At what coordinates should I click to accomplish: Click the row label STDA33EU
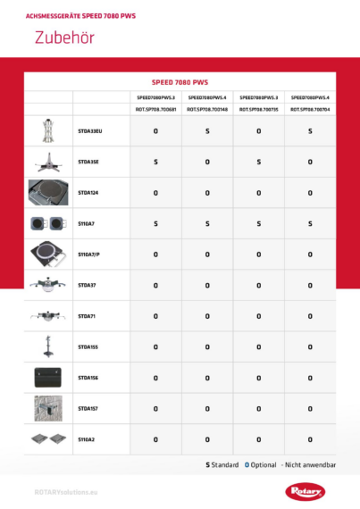click(90, 131)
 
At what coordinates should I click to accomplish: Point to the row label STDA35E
click(88, 162)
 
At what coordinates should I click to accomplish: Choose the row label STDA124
click(88, 192)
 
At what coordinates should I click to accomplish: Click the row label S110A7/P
click(89, 254)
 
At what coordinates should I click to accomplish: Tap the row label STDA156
click(88, 378)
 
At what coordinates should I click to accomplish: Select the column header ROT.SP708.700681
click(155, 109)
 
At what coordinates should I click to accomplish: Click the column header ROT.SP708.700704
click(310, 109)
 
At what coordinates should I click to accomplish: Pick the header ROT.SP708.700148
click(207, 109)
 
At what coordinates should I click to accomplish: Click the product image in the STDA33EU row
click(48, 131)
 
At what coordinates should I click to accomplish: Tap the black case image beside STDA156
click(48, 378)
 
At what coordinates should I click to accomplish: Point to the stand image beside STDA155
click(48, 346)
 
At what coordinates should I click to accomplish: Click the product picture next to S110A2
click(48, 439)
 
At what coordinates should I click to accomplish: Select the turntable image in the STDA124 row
click(48, 192)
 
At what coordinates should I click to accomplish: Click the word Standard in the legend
click(225, 465)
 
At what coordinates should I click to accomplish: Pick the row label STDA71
click(87, 316)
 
